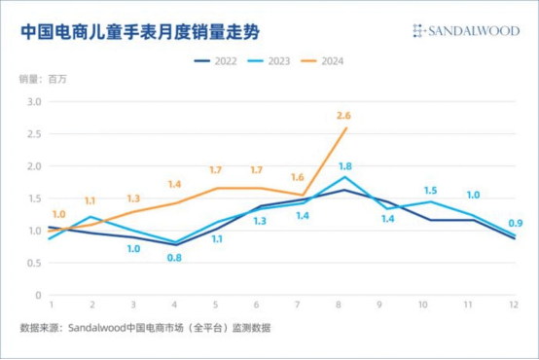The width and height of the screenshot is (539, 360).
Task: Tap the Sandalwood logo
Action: point(465,31)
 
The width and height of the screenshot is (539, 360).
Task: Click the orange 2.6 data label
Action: point(342,116)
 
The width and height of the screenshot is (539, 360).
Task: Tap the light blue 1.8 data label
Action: point(344,166)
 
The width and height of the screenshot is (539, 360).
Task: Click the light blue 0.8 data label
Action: point(173,258)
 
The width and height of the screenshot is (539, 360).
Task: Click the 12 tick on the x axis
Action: point(514,306)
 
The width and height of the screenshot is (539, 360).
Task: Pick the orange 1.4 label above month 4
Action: point(175,184)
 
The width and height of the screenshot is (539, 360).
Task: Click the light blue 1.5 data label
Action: point(430,191)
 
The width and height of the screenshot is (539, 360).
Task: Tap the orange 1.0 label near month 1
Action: point(59,214)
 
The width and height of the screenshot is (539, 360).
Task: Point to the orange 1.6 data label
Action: point(298,177)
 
